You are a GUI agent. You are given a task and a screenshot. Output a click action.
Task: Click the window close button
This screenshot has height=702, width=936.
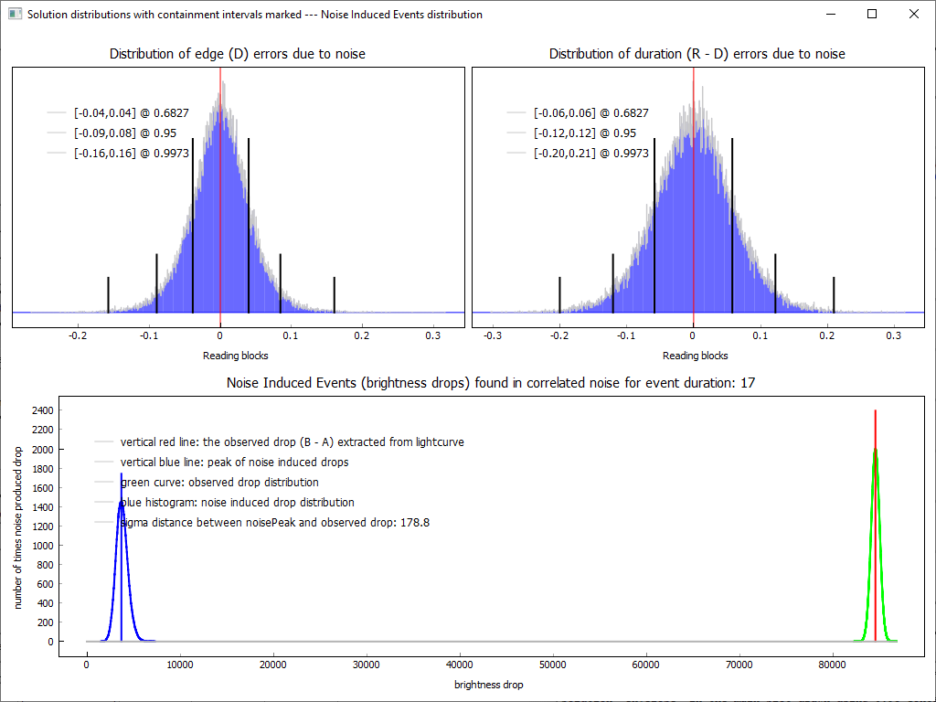tap(913, 14)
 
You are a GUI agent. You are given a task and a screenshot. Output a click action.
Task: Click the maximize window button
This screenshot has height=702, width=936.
tap(872, 14)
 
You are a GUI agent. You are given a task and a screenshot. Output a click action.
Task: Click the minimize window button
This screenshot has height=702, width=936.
tap(830, 14)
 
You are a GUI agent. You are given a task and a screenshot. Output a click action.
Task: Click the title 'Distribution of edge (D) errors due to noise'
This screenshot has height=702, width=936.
tap(238, 54)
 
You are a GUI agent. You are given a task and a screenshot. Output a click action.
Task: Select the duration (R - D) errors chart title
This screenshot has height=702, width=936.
tap(697, 54)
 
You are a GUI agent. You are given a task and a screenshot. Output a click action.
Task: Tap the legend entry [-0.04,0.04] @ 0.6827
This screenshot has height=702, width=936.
tap(132, 112)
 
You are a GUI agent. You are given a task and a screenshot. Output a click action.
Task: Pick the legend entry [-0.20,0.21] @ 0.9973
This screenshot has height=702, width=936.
tap(591, 153)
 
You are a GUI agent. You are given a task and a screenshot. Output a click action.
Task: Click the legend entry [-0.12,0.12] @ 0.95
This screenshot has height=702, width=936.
tap(585, 133)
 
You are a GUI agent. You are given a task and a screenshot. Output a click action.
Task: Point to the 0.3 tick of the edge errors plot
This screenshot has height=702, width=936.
tap(433, 335)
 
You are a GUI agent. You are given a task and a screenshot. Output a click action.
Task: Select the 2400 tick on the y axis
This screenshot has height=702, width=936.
tap(42, 411)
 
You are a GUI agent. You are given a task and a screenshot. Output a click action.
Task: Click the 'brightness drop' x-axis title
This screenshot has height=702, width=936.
tap(489, 684)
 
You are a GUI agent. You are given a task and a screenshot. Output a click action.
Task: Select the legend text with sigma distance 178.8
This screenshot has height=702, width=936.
tap(275, 523)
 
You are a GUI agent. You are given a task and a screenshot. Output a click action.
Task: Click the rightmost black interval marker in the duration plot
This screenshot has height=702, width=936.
tap(834, 294)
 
